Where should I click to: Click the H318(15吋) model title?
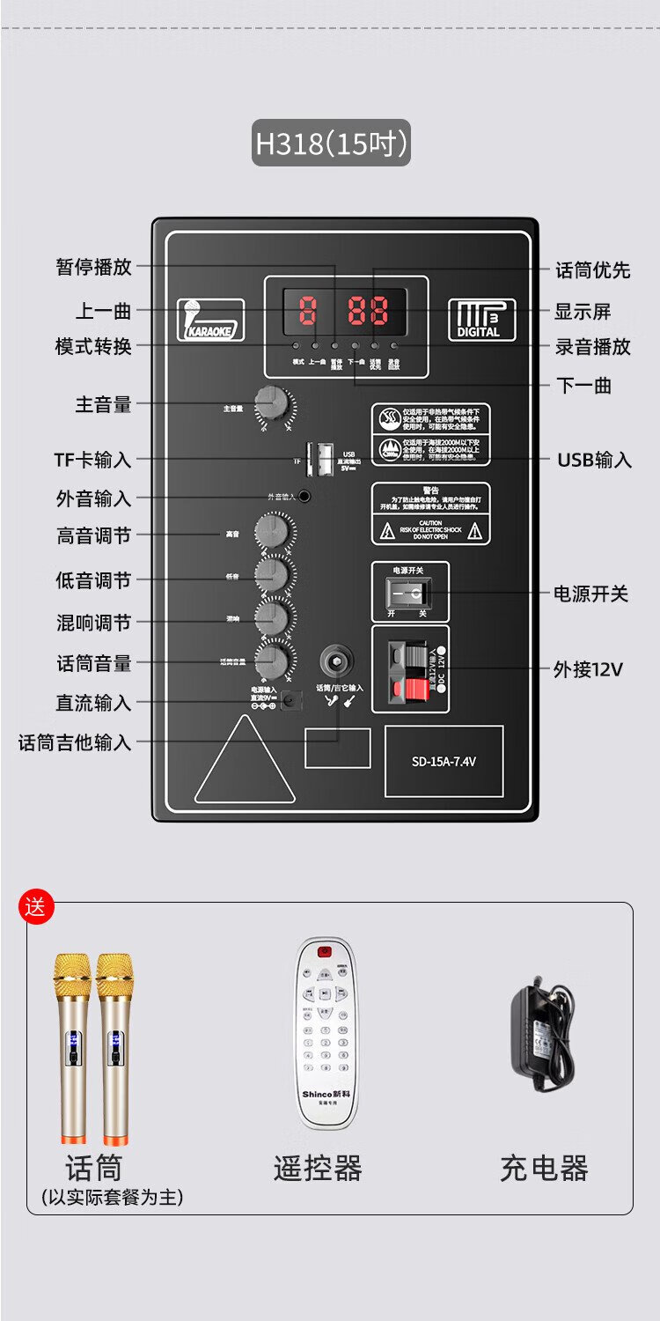[x=331, y=144]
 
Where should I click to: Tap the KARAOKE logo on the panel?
[x=210, y=320]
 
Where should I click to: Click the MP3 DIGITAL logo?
[x=481, y=320]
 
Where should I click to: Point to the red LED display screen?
[x=345, y=310]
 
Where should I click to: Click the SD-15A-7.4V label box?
[x=444, y=762]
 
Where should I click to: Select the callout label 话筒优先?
[x=592, y=270]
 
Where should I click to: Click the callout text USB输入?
[x=594, y=460]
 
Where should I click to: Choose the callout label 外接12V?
[x=588, y=669]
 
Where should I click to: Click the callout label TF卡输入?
[x=92, y=460]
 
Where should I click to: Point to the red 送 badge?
[x=36, y=907]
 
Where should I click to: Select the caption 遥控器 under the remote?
[x=318, y=1169]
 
